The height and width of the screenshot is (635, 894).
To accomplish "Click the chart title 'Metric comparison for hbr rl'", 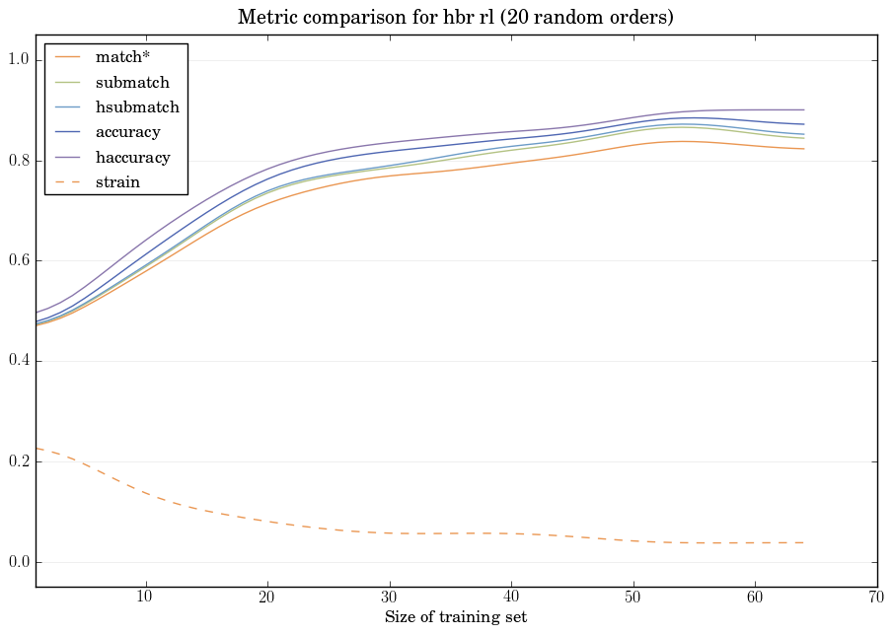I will [x=456, y=18].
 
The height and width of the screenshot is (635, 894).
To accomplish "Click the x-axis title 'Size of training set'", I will [x=456, y=617].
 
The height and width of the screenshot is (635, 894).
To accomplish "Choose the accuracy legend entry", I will [x=134, y=132].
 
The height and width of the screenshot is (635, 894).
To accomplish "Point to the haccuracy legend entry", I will [x=139, y=157].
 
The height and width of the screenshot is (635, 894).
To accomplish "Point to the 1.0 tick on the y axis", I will [x=17, y=60].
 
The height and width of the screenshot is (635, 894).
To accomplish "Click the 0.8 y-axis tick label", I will [x=17, y=161].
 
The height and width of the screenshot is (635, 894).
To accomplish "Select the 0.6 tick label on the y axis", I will [x=17, y=261].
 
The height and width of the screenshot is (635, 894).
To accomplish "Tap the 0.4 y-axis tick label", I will [x=17, y=362].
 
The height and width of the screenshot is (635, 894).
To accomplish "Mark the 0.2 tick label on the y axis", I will [x=17, y=461].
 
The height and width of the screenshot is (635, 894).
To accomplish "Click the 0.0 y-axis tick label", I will [x=17, y=562].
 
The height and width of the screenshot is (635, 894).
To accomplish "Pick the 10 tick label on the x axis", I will [x=145, y=597].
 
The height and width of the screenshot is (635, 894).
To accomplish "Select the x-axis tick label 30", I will [x=389, y=597].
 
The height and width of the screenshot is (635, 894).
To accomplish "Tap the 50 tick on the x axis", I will [x=633, y=597].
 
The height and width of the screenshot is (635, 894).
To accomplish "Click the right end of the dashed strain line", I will [x=803, y=542].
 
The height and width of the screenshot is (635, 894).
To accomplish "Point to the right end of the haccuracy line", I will [x=803, y=109].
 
